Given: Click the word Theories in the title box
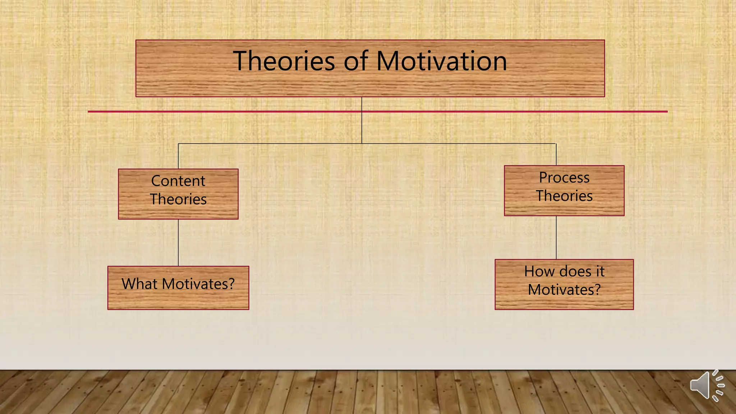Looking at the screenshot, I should pos(284,61).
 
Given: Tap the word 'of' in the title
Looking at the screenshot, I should pos(356,61).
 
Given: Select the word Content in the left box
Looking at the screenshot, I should pos(178,181).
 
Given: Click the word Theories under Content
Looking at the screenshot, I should pos(178,199).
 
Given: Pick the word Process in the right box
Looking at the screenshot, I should pos(564,178).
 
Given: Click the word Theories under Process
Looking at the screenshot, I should pos(564,196).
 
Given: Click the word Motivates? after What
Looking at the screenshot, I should pos(198,284).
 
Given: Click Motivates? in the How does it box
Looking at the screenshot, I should pos(564,290).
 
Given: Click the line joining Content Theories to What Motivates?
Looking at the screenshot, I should pos(178,243).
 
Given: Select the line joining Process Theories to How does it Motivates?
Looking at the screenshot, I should pos(556,237).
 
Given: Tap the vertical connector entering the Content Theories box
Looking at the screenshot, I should pos(178,156).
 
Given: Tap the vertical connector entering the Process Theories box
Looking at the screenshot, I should pos(556,155).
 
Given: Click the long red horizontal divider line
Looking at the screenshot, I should pos(216,111).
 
